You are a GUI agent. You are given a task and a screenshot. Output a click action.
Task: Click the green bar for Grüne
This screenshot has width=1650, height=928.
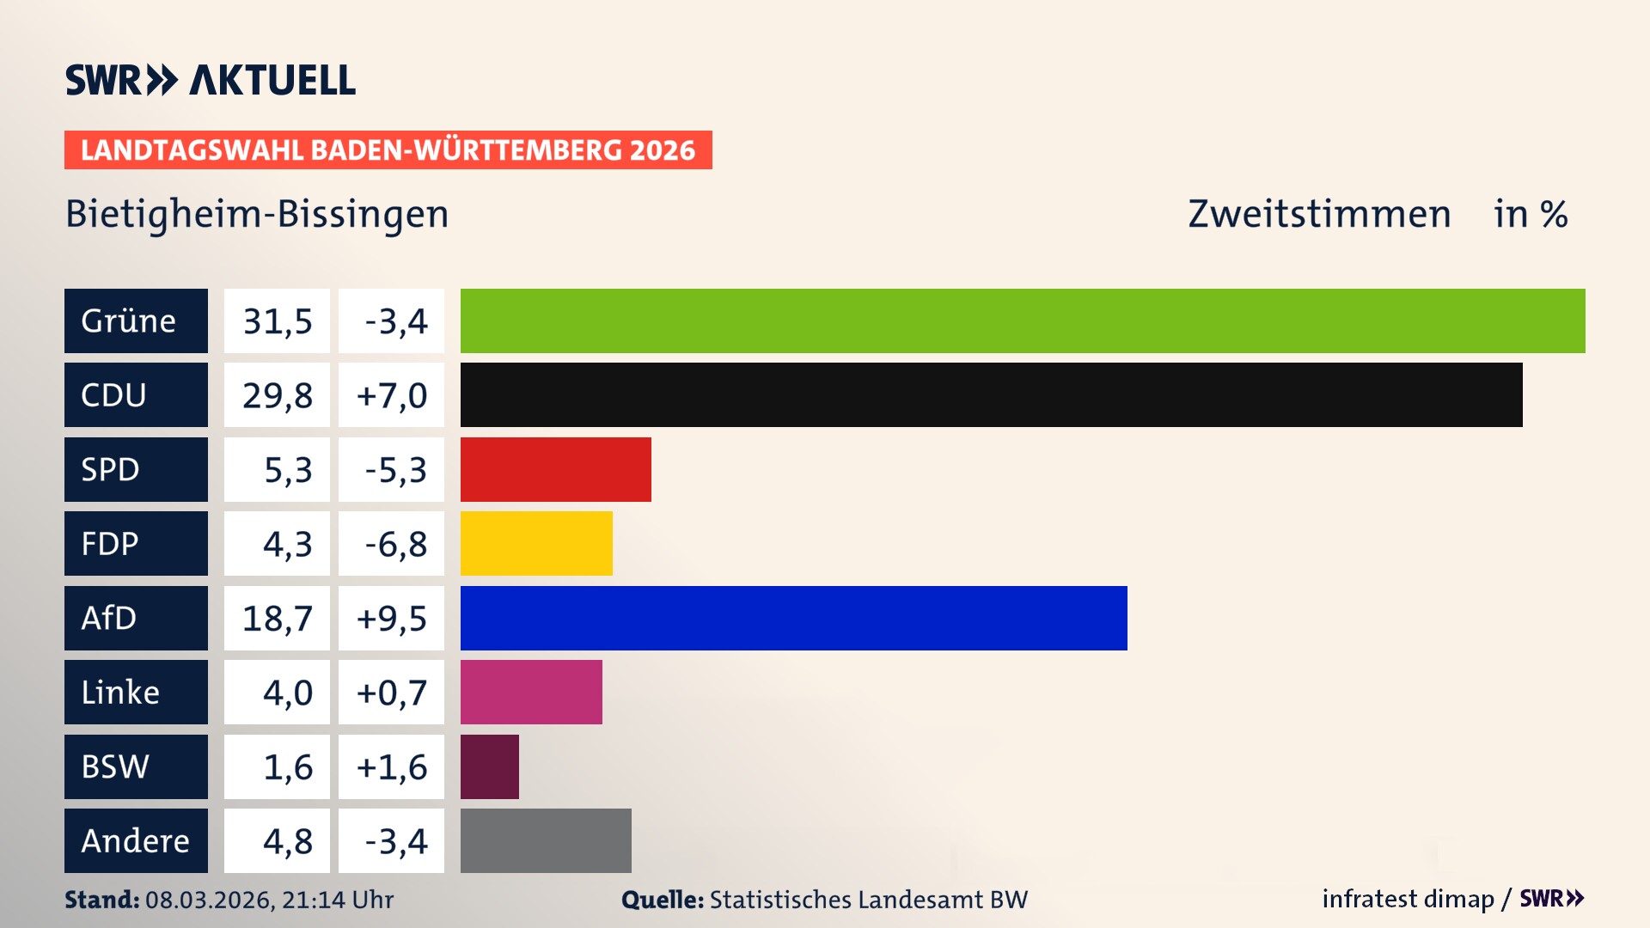[1023, 321]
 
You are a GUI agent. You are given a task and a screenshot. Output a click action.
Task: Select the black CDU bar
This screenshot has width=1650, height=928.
[991, 394]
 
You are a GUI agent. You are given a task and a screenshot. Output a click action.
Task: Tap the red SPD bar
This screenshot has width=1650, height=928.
[555, 469]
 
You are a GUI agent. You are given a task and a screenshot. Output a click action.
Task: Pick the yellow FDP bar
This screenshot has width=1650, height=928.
[536, 543]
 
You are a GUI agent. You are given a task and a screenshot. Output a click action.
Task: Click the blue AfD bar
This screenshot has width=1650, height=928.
[793, 618]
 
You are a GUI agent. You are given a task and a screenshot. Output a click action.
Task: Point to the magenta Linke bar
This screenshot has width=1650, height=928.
[531, 692]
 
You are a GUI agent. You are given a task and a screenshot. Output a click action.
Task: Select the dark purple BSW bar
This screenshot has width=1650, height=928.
[489, 766]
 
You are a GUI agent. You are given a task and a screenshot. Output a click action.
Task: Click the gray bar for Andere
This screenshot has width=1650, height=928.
[546, 840]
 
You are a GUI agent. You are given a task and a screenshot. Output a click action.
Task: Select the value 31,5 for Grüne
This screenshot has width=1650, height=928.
[277, 321]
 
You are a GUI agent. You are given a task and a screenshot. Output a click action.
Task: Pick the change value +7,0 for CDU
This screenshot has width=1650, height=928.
[391, 394]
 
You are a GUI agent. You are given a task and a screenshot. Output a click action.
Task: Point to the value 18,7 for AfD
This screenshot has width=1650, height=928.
[277, 618]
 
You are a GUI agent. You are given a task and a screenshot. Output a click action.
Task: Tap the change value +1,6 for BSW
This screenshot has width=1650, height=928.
[391, 766]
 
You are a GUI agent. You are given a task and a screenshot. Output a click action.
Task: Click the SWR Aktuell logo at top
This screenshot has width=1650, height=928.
[210, 80]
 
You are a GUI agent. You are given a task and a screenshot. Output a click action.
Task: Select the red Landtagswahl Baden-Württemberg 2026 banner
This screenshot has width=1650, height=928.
[388, 150]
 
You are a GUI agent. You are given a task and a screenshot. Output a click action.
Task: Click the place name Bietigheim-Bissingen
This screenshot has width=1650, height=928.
[257, 214]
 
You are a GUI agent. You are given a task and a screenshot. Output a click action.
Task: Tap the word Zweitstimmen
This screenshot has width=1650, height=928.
[1319, 214]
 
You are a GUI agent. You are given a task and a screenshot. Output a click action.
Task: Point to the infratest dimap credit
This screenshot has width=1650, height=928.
[1408, 899]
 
